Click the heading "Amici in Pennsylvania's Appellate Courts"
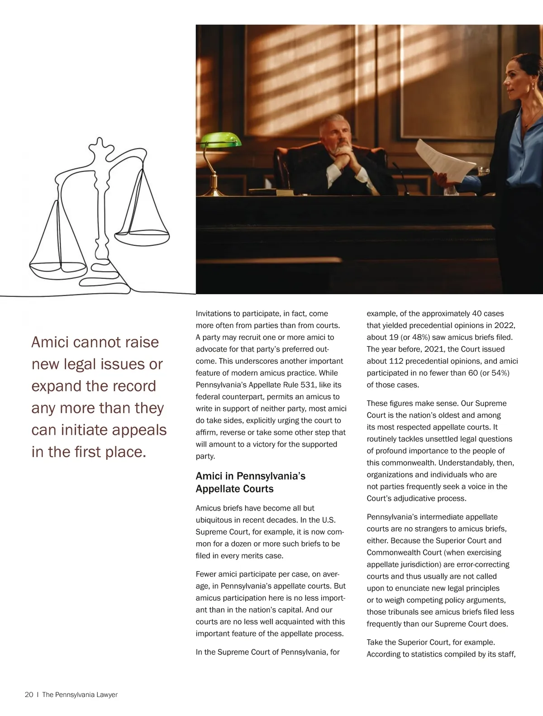[250, 482]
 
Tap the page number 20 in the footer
[29, 694]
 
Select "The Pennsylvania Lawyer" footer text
[80, 694]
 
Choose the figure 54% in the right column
[499, 373]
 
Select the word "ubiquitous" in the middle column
[215, 520]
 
